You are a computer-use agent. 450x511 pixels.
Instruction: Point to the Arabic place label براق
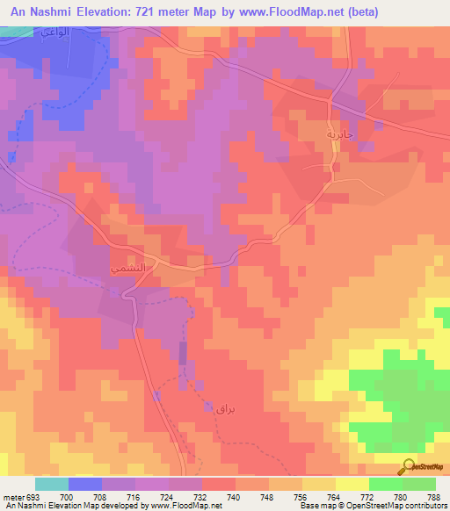227,408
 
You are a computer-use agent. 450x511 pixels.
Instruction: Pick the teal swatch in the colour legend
52,484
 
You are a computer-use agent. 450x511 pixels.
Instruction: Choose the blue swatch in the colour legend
85,484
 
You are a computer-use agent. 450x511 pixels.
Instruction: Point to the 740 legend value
209,498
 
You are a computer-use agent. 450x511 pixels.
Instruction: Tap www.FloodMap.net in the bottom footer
189,507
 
